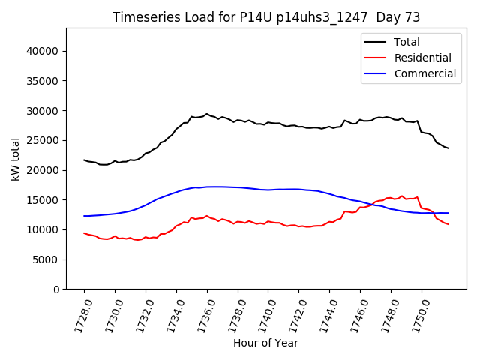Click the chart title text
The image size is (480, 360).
[x=266, y=17]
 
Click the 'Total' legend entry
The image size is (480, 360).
[x=406, y=42]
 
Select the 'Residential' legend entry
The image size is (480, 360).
[x=422, y=58]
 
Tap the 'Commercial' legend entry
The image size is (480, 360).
[x=424, y=73]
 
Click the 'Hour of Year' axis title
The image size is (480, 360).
[x=266, y=343]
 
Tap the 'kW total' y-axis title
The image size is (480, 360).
[x=15, y=159]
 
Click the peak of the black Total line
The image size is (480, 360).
[x=207, y=114]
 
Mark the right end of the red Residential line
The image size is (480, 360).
[x=448, y=224]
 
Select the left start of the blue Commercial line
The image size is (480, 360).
[x=84, y=216]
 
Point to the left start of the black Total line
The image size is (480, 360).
[x=84, y=160]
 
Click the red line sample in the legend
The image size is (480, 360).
[x=376, y=58]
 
